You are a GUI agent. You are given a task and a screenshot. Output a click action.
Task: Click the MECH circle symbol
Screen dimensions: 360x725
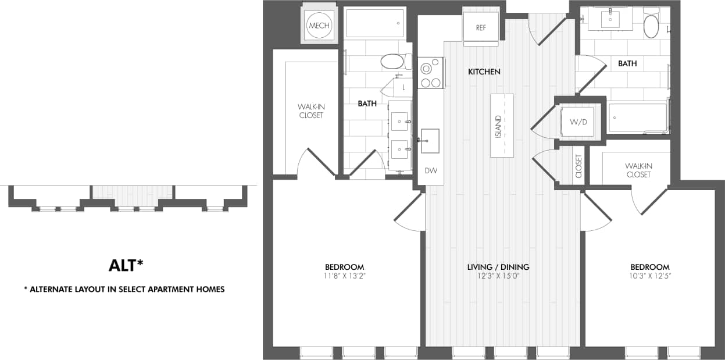tap(319, 26)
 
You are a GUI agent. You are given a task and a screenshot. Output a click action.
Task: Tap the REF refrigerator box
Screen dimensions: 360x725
tap(480, 27)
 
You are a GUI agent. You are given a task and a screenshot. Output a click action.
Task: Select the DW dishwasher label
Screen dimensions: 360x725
tap(430, 171)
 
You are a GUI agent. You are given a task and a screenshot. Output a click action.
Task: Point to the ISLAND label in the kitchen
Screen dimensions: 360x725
tap(498, 126)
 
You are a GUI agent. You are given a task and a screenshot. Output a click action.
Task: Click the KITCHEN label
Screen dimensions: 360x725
tap(484, 72)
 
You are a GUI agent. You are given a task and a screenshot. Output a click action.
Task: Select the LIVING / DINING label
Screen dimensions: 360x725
tap(498, 267)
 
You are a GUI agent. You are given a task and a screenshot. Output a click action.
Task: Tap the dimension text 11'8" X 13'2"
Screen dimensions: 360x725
tap(345, 276)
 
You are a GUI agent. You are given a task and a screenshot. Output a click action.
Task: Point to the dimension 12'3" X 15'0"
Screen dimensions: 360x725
tap(498, 276)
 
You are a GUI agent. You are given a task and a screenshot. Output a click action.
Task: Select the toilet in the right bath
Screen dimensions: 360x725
tap(651, 26)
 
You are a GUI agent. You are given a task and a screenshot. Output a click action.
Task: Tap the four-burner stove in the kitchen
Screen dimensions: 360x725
tap(430, 73)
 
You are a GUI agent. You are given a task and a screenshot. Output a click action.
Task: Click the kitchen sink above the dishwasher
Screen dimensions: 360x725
tap(430, 141)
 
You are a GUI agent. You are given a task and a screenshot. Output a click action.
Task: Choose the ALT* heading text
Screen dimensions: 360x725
tap(126, 265)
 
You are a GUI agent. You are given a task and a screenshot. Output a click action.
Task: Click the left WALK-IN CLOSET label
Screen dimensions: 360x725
tap(310, 111)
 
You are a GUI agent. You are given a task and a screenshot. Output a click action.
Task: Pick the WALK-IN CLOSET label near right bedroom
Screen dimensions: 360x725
tap(638, 170)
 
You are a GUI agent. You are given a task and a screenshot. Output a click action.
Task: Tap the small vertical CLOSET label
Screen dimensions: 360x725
tap(578, 166)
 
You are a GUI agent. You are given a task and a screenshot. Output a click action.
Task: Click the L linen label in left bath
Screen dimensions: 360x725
tap(403, 87)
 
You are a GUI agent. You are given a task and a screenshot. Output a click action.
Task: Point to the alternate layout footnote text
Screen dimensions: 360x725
tap(124, 289)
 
